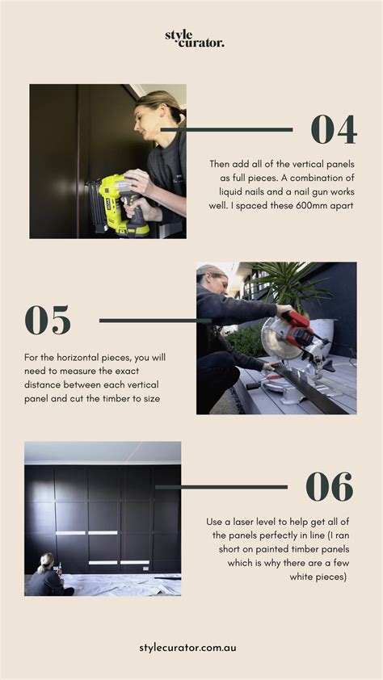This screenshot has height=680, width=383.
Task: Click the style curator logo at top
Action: pyautogui.click(x=194, y=38)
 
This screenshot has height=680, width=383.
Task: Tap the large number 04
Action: pyautogui.click(x=334, y=129)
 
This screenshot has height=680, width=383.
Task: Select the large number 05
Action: pyautogui.click(x=48, y=320)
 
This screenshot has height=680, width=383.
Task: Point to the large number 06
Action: pyautogui.click(x=329, y=487)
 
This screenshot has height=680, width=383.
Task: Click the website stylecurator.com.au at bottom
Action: pyautogui.click(x=188, y=648)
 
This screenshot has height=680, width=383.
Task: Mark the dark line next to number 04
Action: pyautogui.click(x=227, y=129)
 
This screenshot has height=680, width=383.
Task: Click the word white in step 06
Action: pyautogui.click(x=304, y=577)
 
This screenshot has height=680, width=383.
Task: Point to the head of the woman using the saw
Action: pyautogui.click(x=212, y=279)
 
